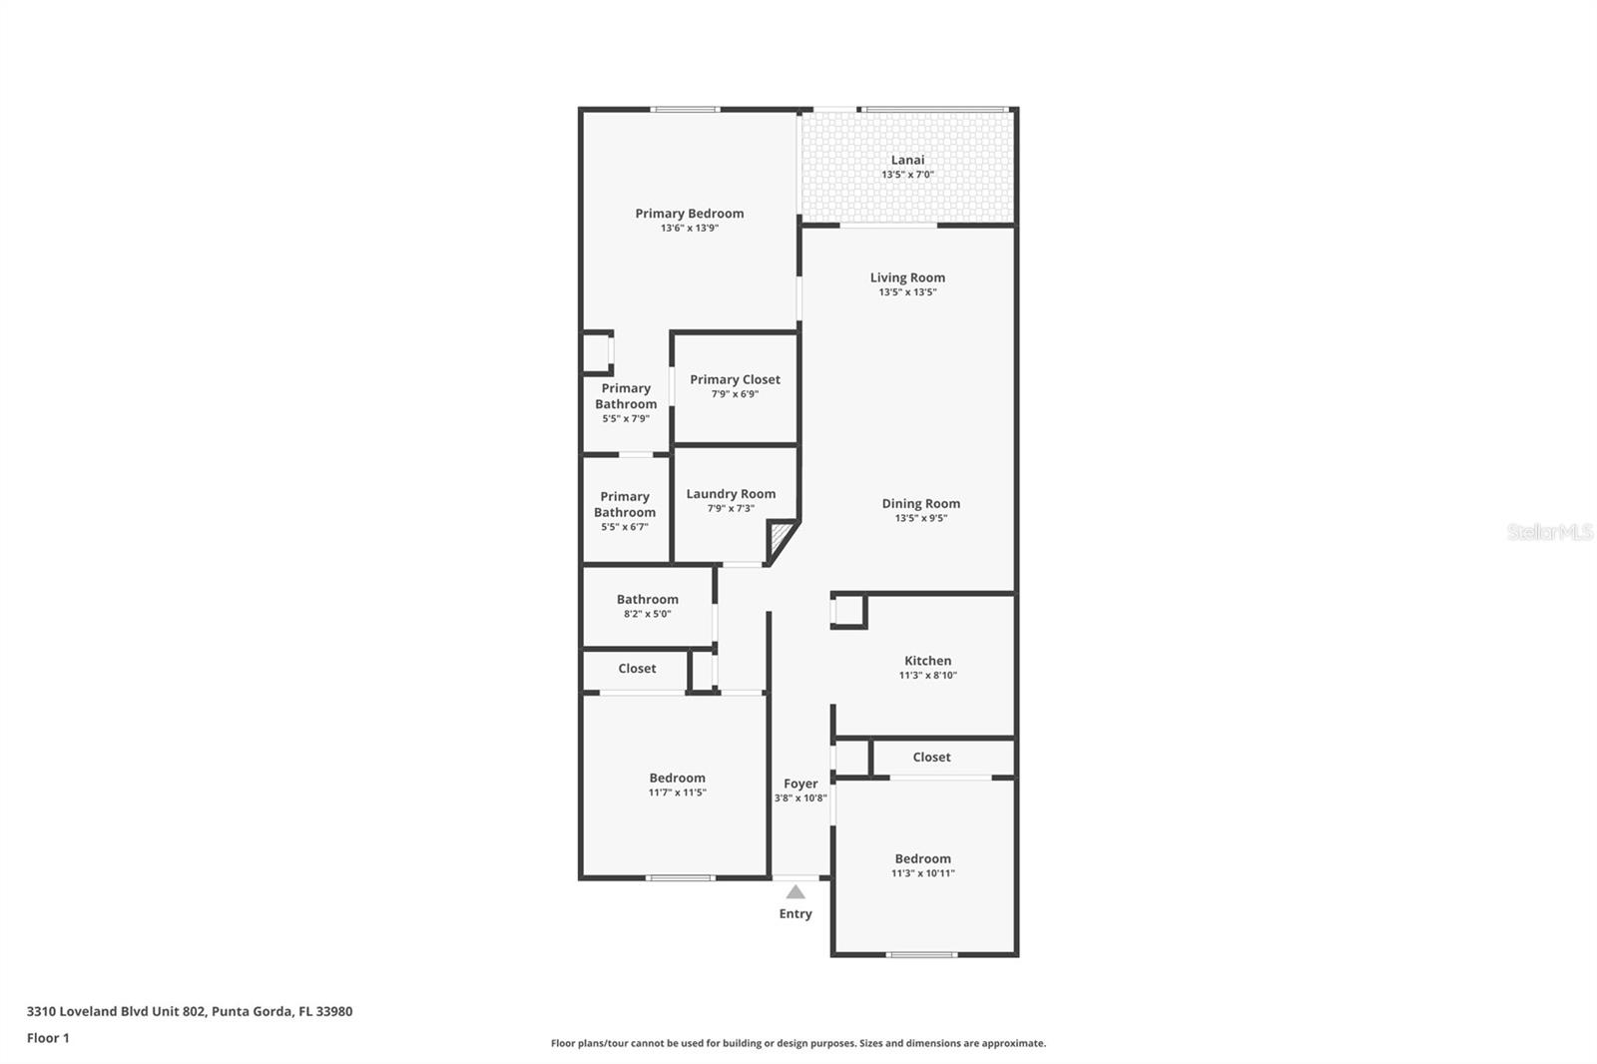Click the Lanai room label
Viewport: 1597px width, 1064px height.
(x=907, y=160)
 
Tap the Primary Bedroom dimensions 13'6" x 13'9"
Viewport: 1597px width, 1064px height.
(x=689, y=229)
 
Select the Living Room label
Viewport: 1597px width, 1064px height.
(x=907, y=277)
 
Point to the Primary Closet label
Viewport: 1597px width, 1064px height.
(x=735, y=379)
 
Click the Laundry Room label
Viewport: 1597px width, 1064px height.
(x=731, y=494)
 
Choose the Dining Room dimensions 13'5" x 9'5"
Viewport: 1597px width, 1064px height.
(x=920, y=518)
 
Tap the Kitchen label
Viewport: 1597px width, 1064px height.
(x=927, y=661)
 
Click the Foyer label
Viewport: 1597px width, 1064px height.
(x=800, y=784)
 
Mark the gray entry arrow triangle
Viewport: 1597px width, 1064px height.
(x=796, y=892)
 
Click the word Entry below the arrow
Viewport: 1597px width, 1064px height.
(x=796, y=913)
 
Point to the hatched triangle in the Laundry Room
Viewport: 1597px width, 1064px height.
(x=780, y=544)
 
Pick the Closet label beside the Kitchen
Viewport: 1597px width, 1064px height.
(x=931, y=758)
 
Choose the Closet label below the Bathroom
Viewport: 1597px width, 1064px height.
(x=637, y=669)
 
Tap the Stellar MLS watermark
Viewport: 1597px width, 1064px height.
(x=1549, y=533)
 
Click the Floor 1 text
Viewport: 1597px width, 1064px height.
(x=48, y=1038)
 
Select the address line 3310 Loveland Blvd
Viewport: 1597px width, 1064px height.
(x=190, y=1011)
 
